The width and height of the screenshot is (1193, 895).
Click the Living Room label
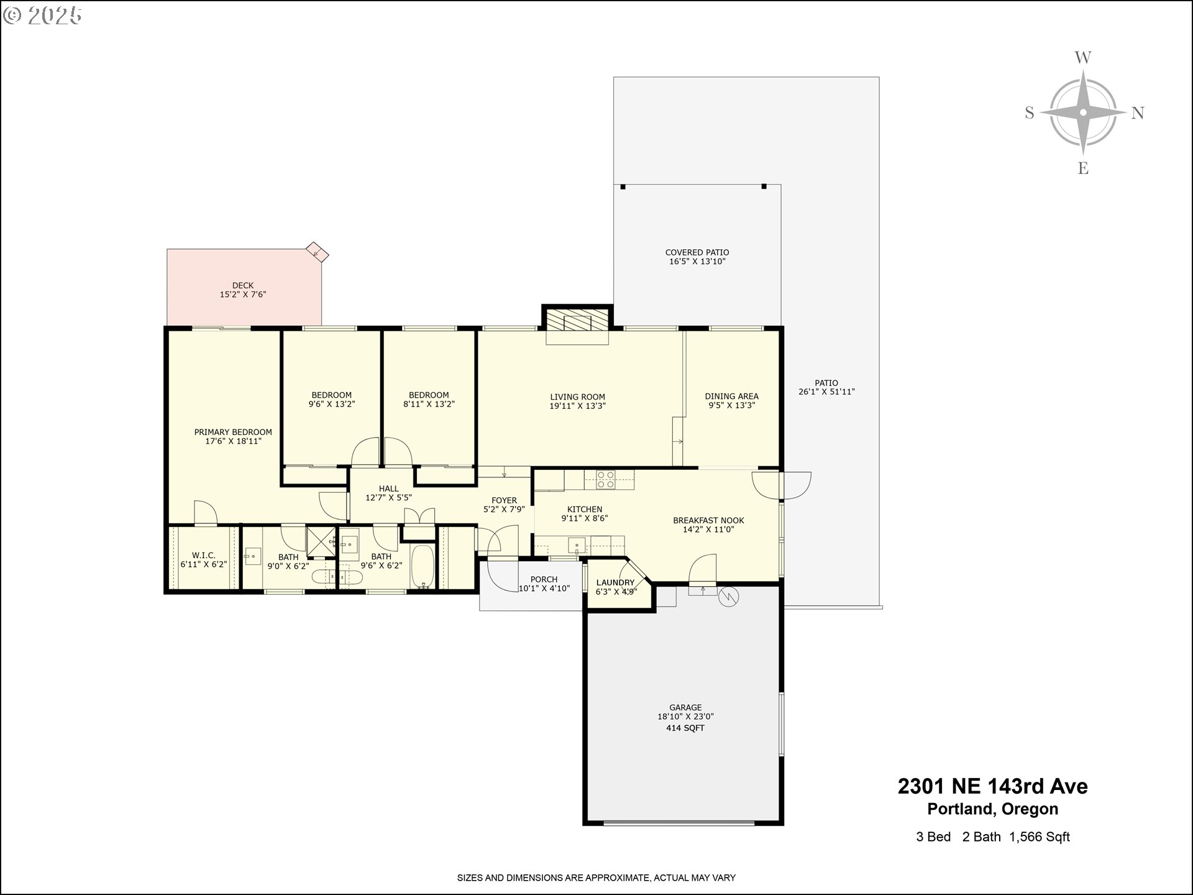click(x=577, y=397)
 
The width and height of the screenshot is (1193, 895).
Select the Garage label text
click(x=685, y=707)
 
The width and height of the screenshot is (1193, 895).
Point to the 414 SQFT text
click(x=685, y=728)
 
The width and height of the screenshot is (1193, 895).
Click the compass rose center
click(x=1083, y=112)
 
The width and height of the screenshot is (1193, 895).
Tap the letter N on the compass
click(x=1138, y=113)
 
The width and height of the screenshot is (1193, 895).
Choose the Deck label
click(x=243, y=285)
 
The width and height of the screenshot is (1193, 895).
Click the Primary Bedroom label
click(x=233, y=432)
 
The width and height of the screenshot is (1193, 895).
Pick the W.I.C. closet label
click(x=204, y=555)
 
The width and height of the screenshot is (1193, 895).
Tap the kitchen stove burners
click(x=605, y=479)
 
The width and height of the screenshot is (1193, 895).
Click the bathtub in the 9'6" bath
click(x=423, y=566)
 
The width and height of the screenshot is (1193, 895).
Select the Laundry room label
click(x=615, y=582)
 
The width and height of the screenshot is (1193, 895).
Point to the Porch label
click(x=544, y=579)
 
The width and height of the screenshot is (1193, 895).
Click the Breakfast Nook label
click(x=708, y=520)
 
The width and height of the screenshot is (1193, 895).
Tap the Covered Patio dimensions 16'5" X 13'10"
click(x=697, y=262)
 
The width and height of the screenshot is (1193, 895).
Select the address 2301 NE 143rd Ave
click(x=992, y=786)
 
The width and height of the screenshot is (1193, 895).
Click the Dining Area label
click(x=731, y=396)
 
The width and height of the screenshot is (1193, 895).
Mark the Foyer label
click(x=504, y=500)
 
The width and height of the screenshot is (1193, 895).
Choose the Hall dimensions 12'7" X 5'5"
click(x=389, y=497)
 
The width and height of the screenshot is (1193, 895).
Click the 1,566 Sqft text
click(x=1040, y=837)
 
